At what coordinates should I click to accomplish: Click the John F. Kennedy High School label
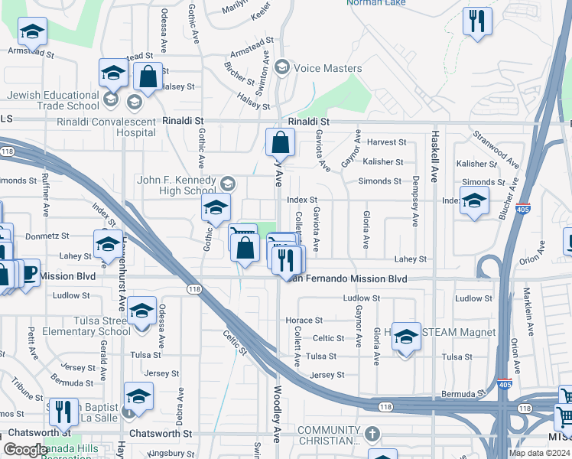[x=177, y=185]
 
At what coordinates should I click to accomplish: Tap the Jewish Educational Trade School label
[x=54, y=101]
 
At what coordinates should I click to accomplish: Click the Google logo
[x=25, y=450]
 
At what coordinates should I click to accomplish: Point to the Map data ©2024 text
[x=539, y=453]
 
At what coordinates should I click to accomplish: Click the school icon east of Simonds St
[x=475, y=201]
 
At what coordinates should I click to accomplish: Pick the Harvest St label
[x=386, y=142]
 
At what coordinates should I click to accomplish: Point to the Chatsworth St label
[x=160, y=434]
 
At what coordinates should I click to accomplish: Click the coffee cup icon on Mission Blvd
[x=28, y=273]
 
